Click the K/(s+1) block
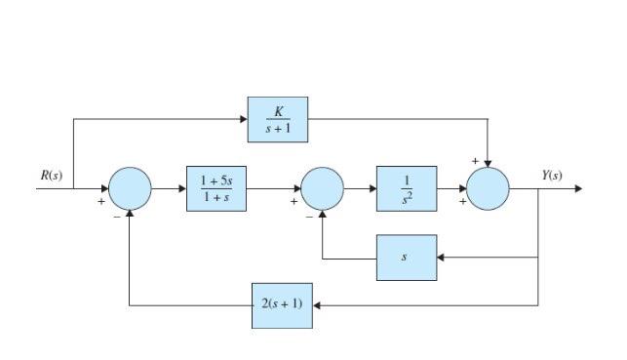(x=277, y=120)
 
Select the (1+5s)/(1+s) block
(x=216, y=188)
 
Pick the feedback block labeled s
(x=407, y=258)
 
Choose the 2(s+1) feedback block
(x=282, y=304)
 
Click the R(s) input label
(x=52, y=176)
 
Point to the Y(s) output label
(x=552, y=176)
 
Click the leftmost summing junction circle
(x=130, y=188)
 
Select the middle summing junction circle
(x=322, y=188)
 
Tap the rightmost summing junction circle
(x=488, y=188)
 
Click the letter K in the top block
(x=278, y=112)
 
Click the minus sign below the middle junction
(x=309, y=218)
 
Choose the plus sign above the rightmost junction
(x=475, y=158)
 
